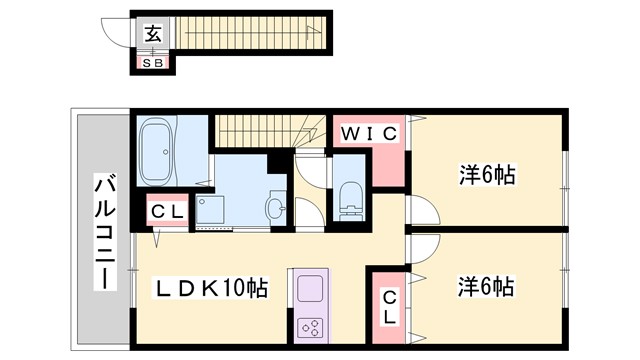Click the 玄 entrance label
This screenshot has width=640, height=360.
point(153,34)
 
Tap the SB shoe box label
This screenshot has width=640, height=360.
point(154,63)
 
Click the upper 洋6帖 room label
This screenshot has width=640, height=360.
point(487,176)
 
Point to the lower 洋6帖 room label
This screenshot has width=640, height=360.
point(487,287)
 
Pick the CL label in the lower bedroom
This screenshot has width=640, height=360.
point(389,305)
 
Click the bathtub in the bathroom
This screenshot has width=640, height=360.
point(157,147)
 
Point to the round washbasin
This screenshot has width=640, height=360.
point(275,208)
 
